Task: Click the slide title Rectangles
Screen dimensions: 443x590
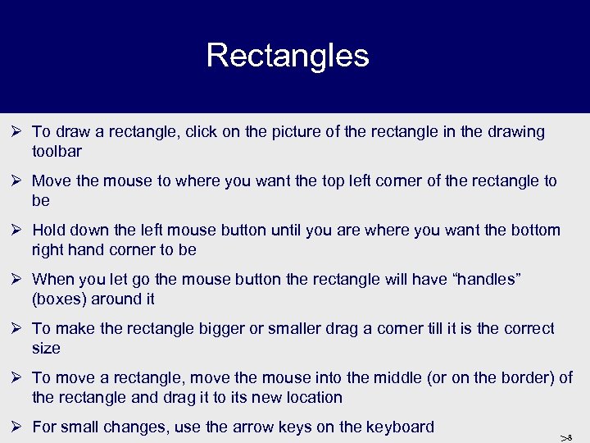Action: tap(288, 56)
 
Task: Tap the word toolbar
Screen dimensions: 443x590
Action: tap(57, 152)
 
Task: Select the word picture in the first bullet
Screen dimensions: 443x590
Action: tap(309, 132)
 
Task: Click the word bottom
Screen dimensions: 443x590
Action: tap(535, 231)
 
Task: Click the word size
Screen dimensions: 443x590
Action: tap(46, 349)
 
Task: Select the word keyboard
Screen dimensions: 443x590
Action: tap(399, 427)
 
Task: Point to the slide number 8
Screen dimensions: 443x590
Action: tap(569, 437)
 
